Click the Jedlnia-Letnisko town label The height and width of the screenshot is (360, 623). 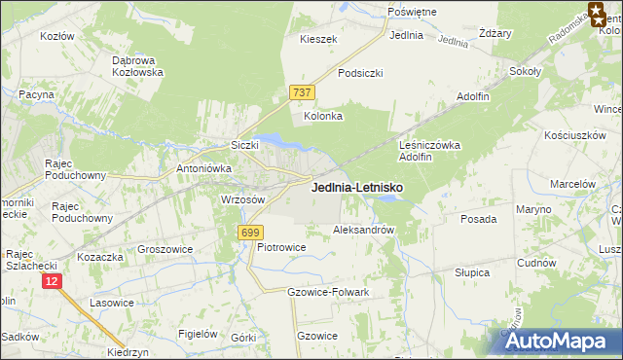(358, 187)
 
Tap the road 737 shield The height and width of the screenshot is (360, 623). (302, 92)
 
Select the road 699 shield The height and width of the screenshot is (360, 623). (250, 232)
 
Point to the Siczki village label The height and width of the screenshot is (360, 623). (243, 145)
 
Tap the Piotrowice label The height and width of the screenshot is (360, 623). (281, 247)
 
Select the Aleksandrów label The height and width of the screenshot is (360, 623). (363, 231)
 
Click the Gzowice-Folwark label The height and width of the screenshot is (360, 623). (328, 292)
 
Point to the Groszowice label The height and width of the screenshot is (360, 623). (165, 249)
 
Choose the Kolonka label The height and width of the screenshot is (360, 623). (324, 117)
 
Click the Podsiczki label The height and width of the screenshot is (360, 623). (360, 73)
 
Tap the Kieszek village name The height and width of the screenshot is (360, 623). (318, 40)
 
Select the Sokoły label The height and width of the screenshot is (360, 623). (526, 71)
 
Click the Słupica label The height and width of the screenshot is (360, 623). (472, 273)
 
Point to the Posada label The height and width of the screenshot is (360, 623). (479, 220)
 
